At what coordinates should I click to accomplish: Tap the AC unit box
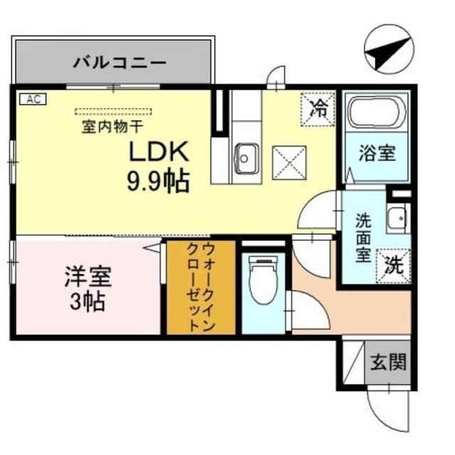[31, 100]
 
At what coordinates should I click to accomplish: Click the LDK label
[157, 152]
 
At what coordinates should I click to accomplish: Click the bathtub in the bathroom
[376, 112]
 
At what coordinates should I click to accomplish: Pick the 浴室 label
[377, 153]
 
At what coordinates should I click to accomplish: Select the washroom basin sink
[395, 218]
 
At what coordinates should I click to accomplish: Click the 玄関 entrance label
[388, 363]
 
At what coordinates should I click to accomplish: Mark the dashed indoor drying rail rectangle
[114, 111]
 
